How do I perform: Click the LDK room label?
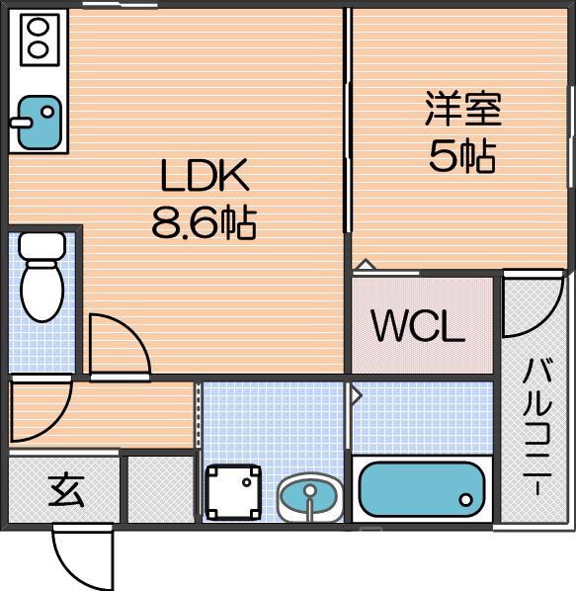(x=205, y=175)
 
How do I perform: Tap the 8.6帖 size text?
(x=205, y=223)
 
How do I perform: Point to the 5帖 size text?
(x=462, y=156)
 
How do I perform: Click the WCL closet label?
(x=418, y=326)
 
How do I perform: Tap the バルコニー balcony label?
(x=536, y=427)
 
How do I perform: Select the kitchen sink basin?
(x=40, y=123)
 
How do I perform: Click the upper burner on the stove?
(x=39, y=27)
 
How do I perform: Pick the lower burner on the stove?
(x=39, y=49)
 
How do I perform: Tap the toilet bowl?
(x=42, y=292)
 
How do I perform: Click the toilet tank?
(x=42, y=246)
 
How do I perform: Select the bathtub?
(x=422, y=489)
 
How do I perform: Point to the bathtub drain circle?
(x=466, y=500)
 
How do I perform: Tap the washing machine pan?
(x=233, y=492)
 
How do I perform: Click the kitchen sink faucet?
(x=21, y=123)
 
